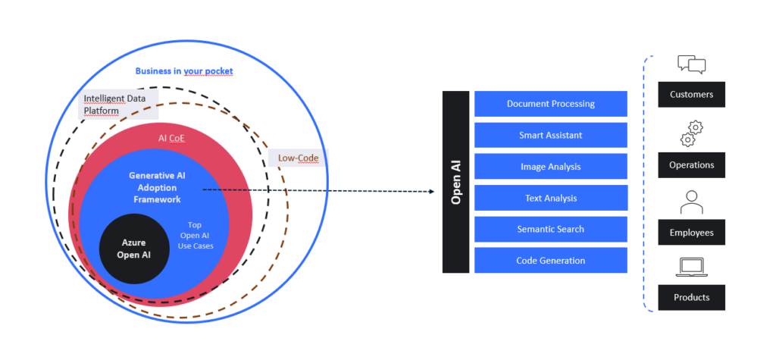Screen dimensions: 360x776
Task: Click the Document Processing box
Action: tap(550, 104)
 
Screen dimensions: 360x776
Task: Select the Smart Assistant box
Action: tap(550, 135)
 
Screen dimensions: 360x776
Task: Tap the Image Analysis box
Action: tap(550, 167)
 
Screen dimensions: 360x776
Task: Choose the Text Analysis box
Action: tap(550, 198)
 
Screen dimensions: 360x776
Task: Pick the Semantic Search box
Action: tap(550, 229)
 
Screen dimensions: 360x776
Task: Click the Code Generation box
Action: tap(550, 260)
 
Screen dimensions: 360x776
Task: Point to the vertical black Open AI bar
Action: tap(456, 182)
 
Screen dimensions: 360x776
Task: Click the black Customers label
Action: tap(691, 95)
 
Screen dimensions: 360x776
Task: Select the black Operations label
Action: tap(691, 164)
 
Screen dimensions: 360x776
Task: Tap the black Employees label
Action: tap(691, 233)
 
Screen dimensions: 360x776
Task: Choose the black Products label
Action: tap(691, 297)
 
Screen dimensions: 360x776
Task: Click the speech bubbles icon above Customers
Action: tap(691, 65)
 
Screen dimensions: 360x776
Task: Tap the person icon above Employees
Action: tap(691, 202)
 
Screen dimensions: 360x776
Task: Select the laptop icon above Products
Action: tap(691, 267)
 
